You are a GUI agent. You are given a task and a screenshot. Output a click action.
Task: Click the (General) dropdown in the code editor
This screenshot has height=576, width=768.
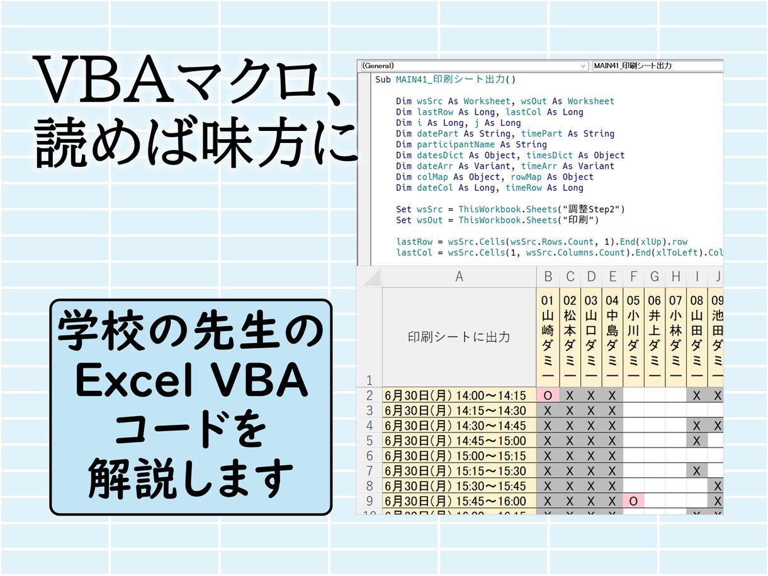(x=472, y=65)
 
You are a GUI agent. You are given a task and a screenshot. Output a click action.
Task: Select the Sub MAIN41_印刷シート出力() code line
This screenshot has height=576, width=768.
(x=445, y=79)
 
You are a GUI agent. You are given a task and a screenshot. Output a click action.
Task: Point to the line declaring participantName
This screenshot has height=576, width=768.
(x=472, y=144)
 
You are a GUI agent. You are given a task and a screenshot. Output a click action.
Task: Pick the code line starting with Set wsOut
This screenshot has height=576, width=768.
(x=497, y=220)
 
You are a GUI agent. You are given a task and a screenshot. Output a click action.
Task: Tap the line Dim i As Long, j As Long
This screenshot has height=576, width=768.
(x=458, y=123)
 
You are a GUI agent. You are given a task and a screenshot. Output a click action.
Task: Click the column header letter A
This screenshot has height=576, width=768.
(x=459, y=276)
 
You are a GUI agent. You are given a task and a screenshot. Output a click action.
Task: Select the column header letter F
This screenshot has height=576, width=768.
(x=633, y=276)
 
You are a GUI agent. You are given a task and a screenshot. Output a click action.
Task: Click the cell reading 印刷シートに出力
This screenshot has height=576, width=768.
(x=459, y=336)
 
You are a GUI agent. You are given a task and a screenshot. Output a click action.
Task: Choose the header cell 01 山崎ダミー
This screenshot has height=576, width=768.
(x=548, y=336)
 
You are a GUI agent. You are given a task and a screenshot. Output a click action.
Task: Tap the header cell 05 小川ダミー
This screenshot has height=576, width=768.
(x=633, y=336)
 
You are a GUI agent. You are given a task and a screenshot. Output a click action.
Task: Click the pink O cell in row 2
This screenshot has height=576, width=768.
(x=548, y=395)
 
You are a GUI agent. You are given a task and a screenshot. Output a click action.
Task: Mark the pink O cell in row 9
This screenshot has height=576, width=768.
(x=633, y=501)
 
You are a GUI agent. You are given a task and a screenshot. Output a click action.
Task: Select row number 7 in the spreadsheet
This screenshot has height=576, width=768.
(x=369, y=471)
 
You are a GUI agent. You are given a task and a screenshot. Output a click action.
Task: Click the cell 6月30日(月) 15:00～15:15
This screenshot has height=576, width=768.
(x=459, y=456)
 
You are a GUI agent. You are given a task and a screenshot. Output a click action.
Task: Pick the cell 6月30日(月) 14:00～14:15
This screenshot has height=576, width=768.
(x=459, y=395)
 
